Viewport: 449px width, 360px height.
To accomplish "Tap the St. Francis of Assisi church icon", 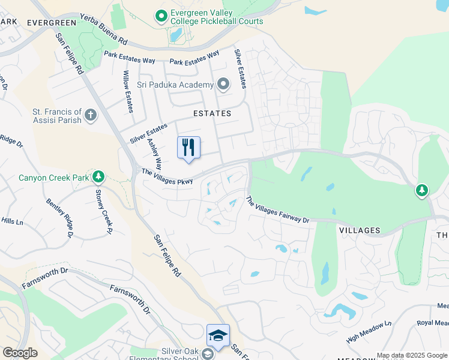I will tap(91, 115).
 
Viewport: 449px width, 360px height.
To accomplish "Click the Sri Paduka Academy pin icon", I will tap(224, 84).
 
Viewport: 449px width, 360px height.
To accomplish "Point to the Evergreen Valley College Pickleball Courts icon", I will tap(160, 16).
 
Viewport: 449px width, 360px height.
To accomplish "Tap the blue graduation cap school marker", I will tap(217, 335).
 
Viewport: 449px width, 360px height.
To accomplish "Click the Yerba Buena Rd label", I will tap(104, 29).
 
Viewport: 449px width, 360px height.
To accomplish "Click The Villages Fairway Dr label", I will tap(277, 211).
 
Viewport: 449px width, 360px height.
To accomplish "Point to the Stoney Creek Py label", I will tap(104, 211).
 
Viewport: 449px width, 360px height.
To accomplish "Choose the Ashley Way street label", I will tap(155, 155).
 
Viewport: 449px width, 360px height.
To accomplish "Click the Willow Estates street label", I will tap(128, 91).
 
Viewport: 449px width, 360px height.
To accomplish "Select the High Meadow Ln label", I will tap(369, 331).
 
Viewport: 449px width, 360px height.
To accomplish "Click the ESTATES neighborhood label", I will tap(212, 113).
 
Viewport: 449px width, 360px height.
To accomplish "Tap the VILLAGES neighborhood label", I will tap(360, 230).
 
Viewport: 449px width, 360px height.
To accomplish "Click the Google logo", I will tap(20, 353).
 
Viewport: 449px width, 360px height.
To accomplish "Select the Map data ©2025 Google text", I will tap(412, 355).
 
